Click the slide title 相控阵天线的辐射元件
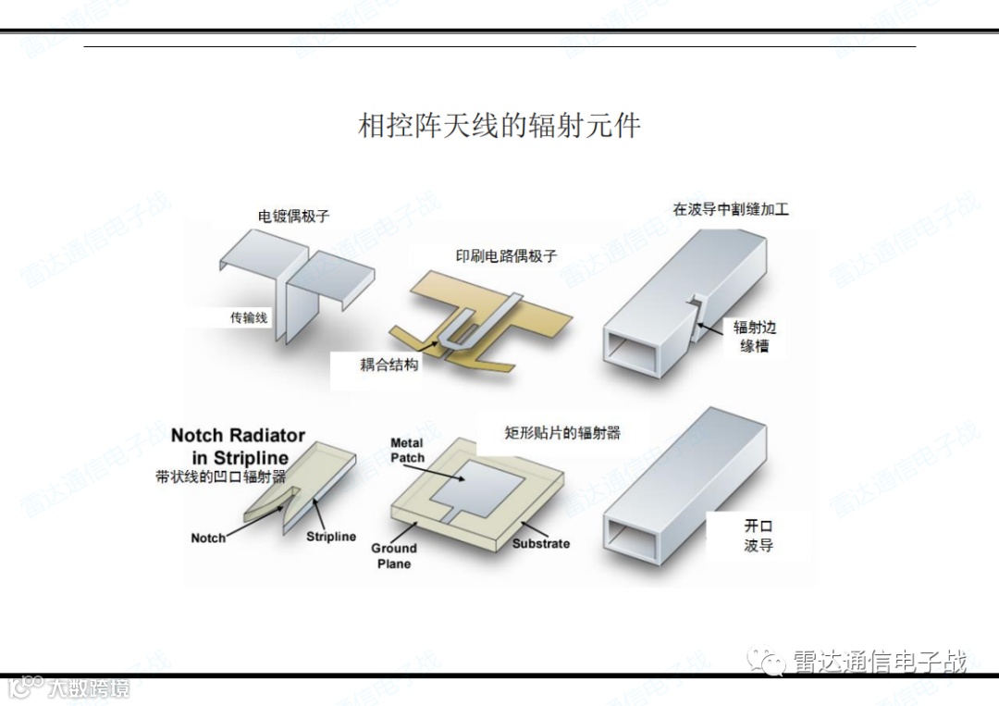point(499,126)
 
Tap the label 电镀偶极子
point(293,216)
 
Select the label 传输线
point(248,317)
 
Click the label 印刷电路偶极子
point(506,255)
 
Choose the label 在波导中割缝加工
point(731,209)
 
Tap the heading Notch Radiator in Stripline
point(238,446)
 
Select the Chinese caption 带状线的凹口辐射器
point(221,477)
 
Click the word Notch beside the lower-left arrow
point(208,538)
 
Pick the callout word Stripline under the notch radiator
point(331,537)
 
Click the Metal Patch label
point(407,451)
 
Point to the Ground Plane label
point(394,555)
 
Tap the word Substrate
point(541,543)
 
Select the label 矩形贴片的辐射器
point(561,431)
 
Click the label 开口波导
point(758,536)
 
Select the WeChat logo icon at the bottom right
point(766,660)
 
